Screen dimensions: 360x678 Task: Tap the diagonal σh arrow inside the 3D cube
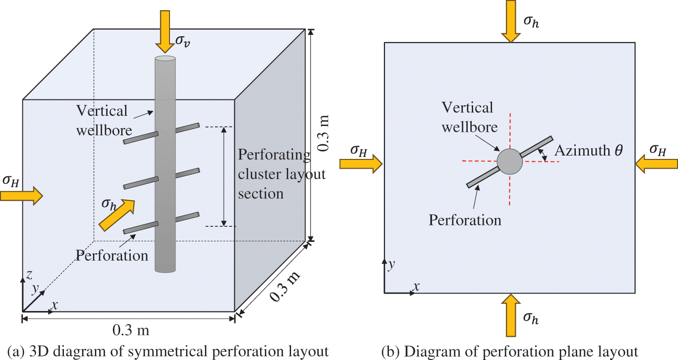tap(117, 215)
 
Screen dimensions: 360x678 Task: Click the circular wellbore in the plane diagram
tap(510, 161)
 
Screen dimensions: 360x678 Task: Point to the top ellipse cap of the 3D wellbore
tap(165, 59)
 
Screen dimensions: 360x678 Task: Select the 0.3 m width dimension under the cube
tap(130, 331)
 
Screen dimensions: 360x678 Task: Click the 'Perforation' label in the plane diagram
tap(465, 220)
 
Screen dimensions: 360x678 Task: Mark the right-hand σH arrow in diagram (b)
tap(656, 164)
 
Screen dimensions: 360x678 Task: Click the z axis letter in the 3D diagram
tap(29, 275)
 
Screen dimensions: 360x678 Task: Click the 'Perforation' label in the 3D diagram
tap(112, 255)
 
